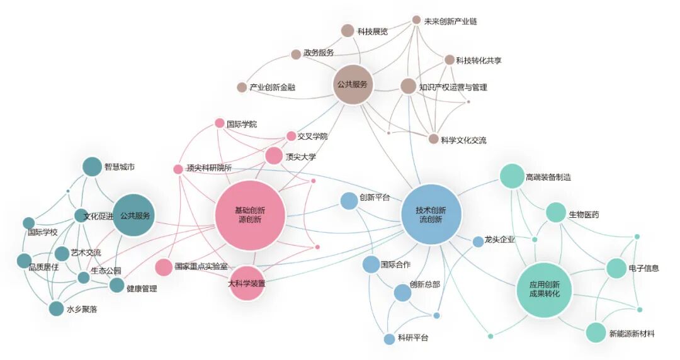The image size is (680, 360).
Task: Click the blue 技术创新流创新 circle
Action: click(431, 215)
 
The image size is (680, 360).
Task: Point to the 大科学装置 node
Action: click(246, 283)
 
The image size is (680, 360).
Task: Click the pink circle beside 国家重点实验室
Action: click(164, 267)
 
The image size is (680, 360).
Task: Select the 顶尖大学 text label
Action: click(300, 157)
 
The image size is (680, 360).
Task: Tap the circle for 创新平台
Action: click(349, 201)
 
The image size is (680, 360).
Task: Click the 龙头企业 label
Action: click(500, 240)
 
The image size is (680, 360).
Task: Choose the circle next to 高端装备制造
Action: click(512, 176)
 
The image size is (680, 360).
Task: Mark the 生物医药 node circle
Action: click(556, 213)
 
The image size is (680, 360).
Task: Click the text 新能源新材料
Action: click(632, 334)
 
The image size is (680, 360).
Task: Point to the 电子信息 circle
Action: click(616, 268)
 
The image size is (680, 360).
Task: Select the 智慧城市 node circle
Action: click(92, 166)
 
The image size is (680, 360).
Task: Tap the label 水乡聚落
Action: click(82, 309)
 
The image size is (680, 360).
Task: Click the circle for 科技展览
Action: click(348, 30)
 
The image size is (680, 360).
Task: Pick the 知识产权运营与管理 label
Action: click(453, 87)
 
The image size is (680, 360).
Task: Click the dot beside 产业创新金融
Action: click(242, 87)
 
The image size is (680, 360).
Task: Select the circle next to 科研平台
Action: click(390, 339)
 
